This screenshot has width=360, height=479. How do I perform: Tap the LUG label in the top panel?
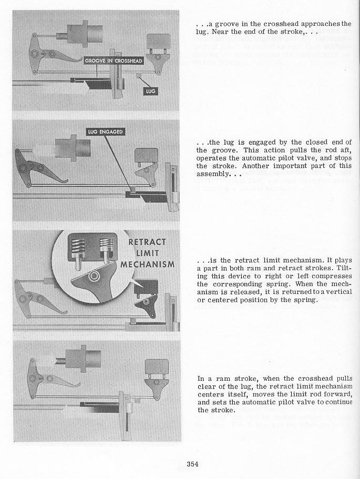(x=150, y=90)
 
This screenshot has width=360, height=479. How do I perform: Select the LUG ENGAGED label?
(x=105, y=131)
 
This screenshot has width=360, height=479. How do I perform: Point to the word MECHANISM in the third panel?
(x=147, y=264)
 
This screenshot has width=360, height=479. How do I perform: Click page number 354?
(x=191, y=463)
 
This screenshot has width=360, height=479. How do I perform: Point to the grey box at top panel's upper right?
(x=157, y=40)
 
